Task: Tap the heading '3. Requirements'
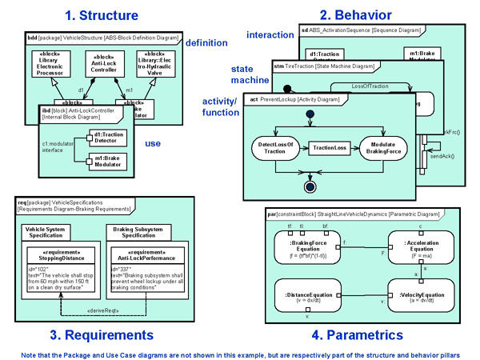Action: [102, 334]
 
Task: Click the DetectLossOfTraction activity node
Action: [277, 148]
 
